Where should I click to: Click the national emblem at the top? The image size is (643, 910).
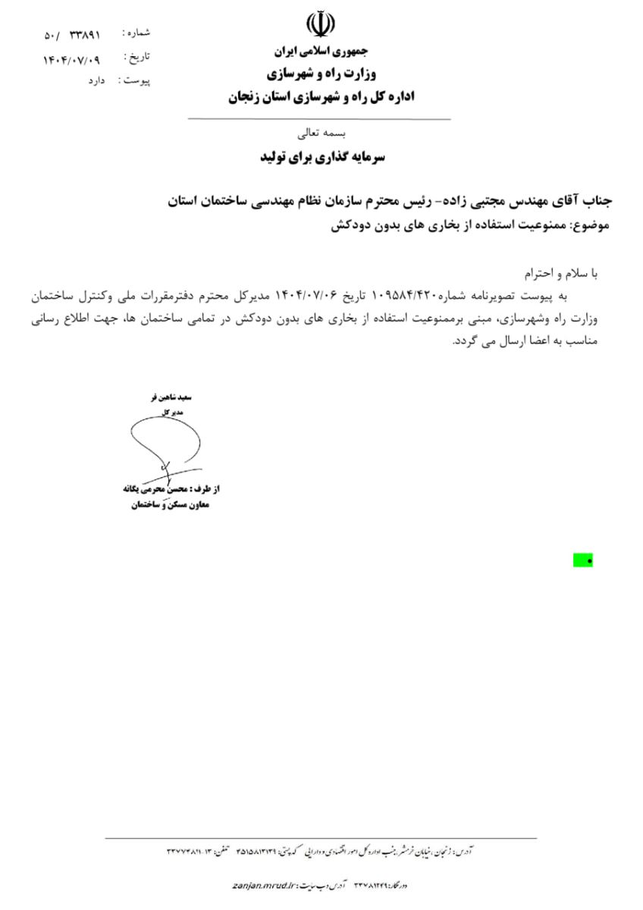tap(319, 26)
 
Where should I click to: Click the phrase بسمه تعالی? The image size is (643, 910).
tap(319, 133)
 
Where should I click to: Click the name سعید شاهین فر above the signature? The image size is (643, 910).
tap(174, 397)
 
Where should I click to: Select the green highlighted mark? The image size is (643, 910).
tap(583, 560)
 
